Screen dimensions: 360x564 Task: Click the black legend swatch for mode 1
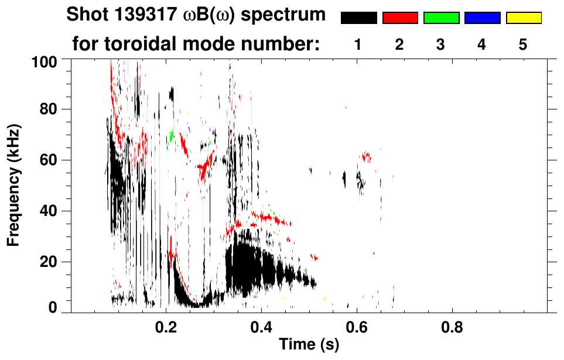[x=358, y=18]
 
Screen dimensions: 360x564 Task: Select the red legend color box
[x=400, y=18]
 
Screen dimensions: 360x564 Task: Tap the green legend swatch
[x=441, y=18]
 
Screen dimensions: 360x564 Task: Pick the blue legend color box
[x=482, y=18]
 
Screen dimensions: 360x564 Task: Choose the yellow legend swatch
[x=523, y=18]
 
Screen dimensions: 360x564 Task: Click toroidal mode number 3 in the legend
[x=441, y=44]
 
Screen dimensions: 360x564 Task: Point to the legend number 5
[x=523, y=44]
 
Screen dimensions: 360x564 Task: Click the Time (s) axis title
[x=309, y=345]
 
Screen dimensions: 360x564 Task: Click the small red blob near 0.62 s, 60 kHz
[x=367, y=156]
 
